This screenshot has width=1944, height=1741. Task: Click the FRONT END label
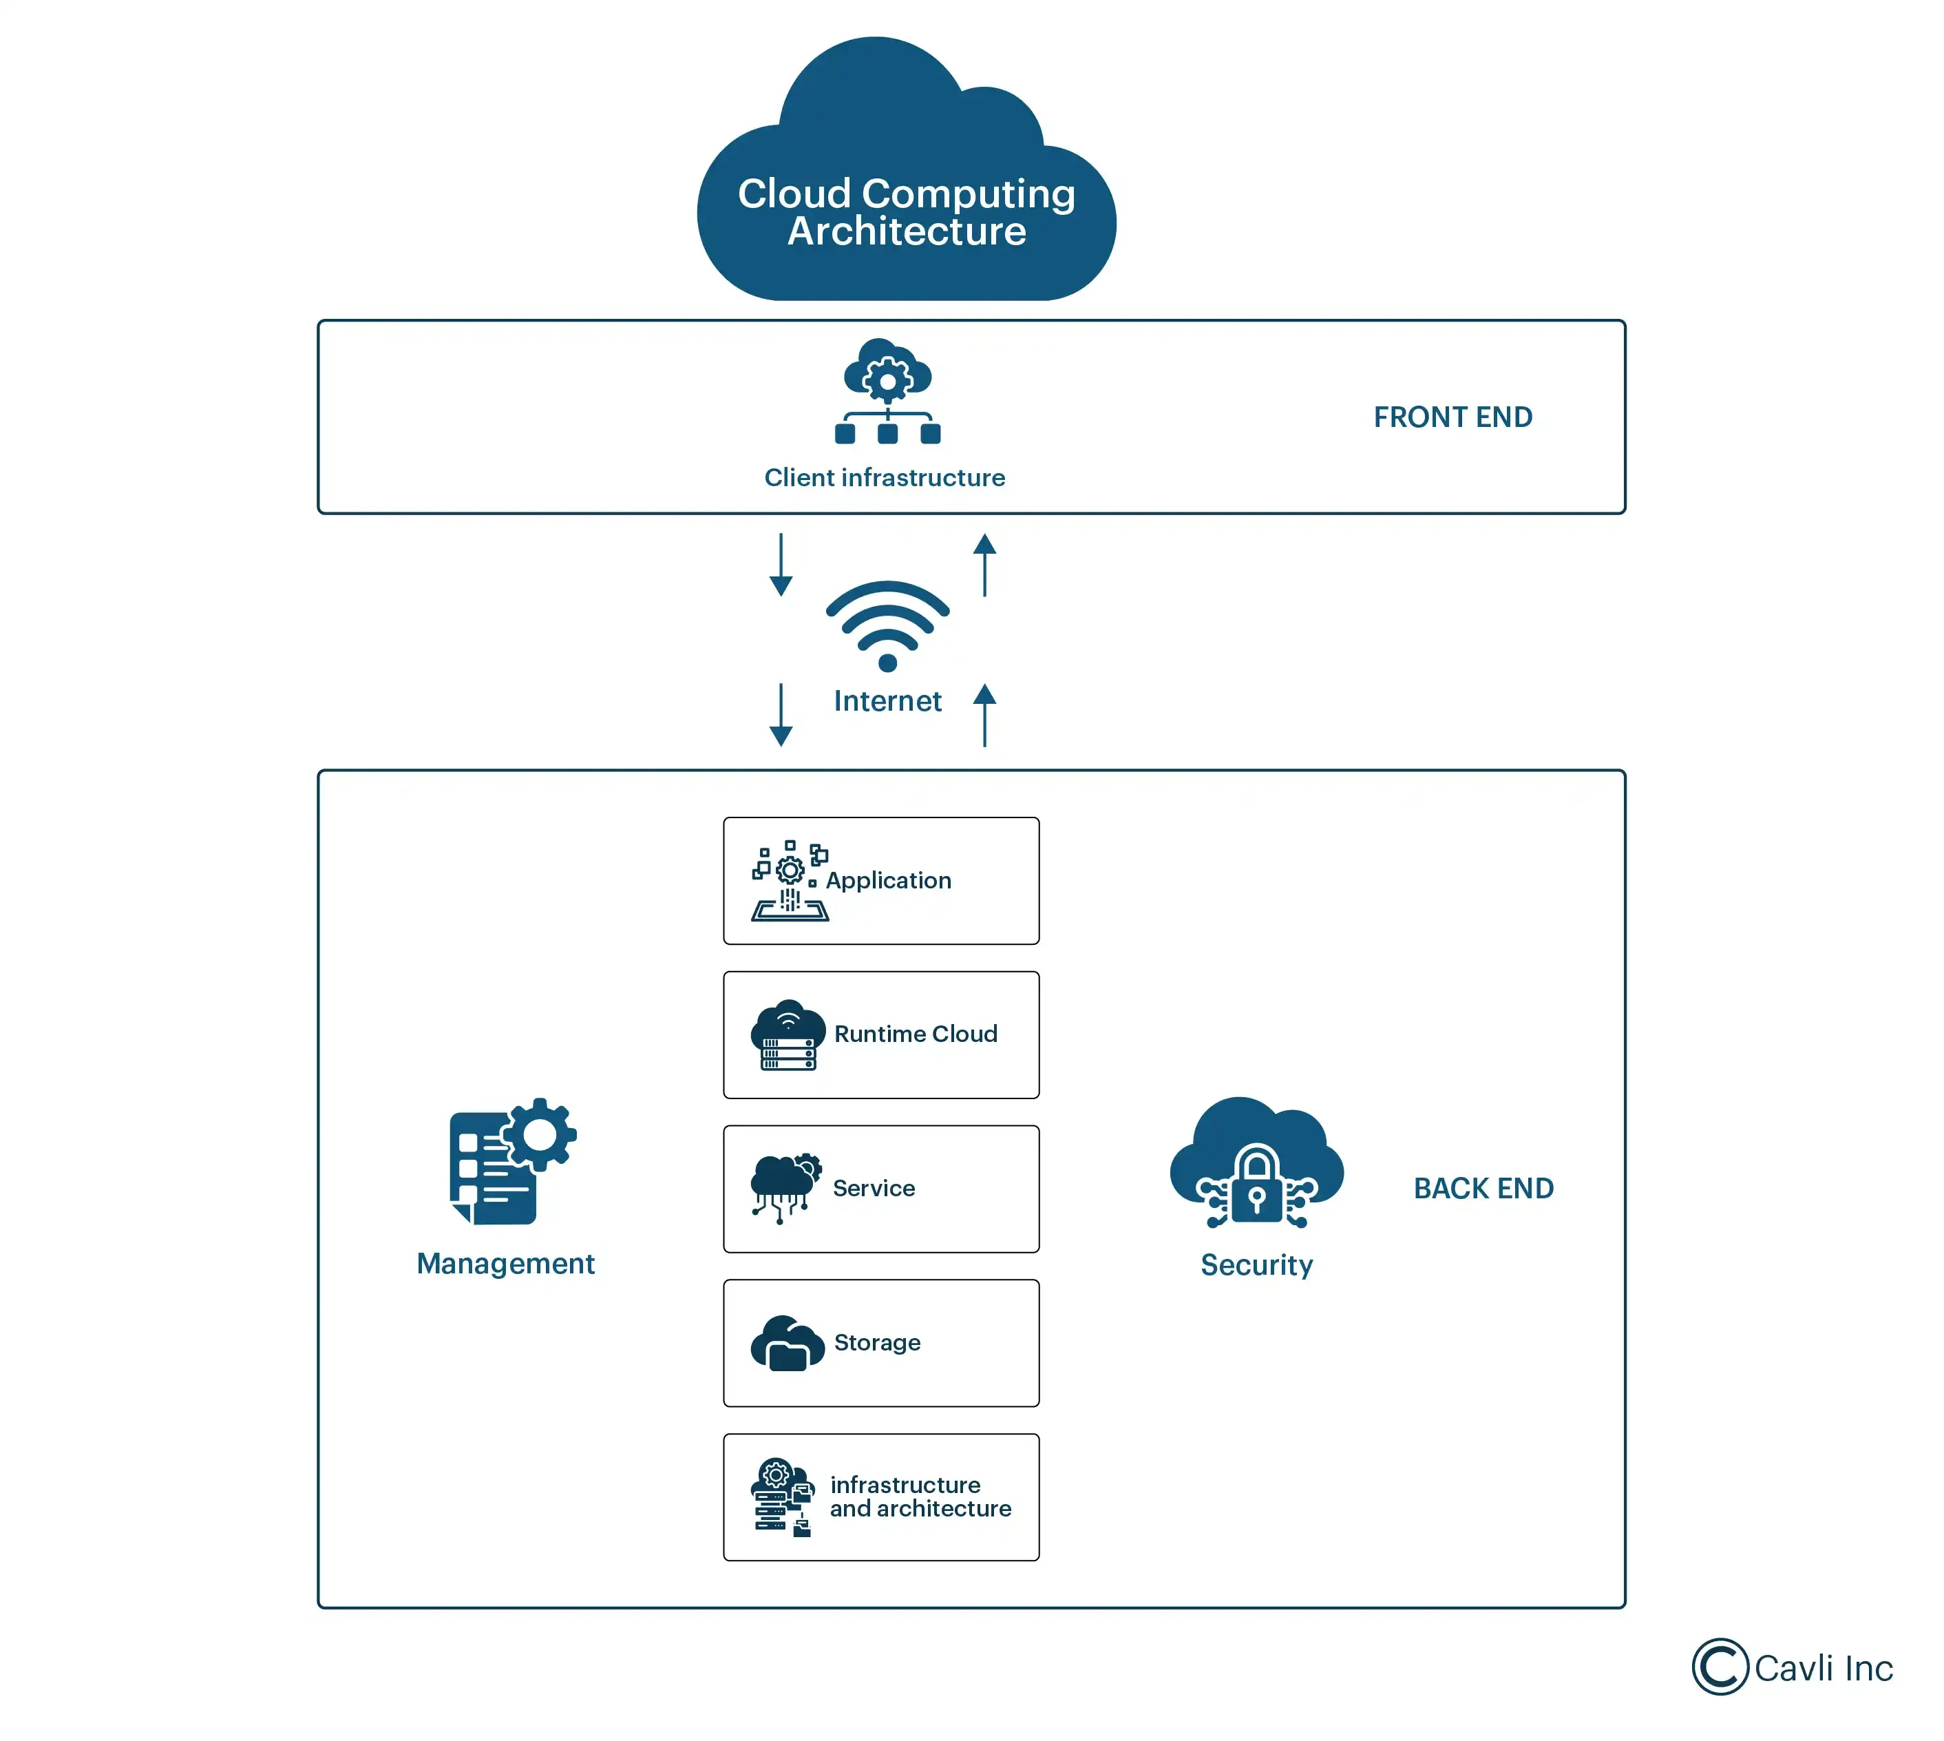tap(1452, 417)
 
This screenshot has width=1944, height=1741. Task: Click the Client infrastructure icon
tap(887, 392)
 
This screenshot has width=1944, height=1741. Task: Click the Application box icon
tap(789, 881)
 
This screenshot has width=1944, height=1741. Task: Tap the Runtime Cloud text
tap(915, 1034)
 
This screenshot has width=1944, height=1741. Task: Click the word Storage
tap(877, 1342)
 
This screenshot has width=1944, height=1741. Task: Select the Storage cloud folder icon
tap(787, 1343)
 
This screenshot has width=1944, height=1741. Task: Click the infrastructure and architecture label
tap(920, 1497)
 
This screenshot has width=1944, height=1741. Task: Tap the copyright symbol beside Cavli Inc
tap(1720, 1667)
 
